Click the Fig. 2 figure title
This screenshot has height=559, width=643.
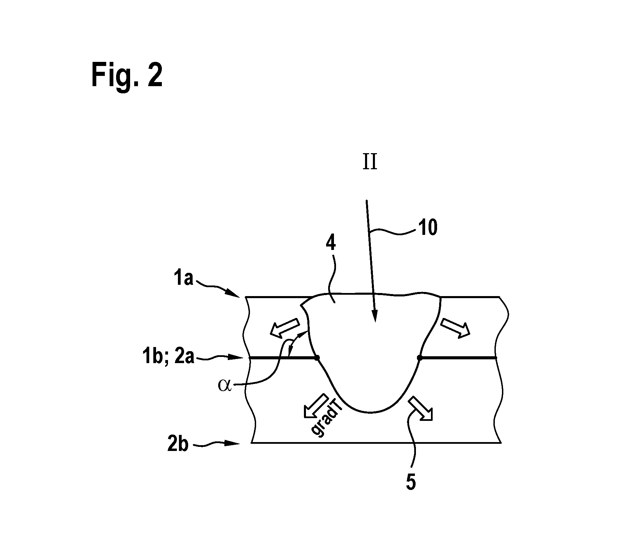pyautogui.click(x=127, y=76)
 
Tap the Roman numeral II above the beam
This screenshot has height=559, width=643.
pyautogui.click(x=370, y=163)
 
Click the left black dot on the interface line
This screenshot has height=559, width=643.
pyautogui.click(x=317, y=358)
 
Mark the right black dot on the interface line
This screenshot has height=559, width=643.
pyautogui.click(x=419, y=358)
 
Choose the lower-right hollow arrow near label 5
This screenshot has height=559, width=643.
pyautogui.click(x=422, y=408)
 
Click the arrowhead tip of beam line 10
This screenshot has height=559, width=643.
pyautogui.click(x=375, y=322)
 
